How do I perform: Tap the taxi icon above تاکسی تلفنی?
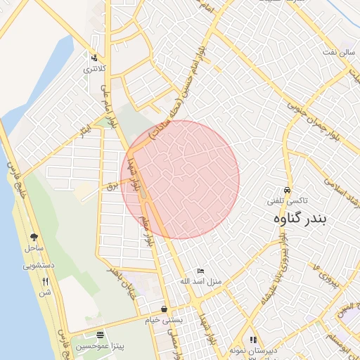click(x=287, y=191)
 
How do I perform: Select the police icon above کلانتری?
click(x=94, y=58)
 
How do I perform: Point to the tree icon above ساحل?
click(x=34, y=238)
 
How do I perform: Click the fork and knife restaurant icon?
click(x=46, y=281)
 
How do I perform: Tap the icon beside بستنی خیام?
click(x=164, y=309)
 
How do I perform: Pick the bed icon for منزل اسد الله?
click(x=201, y=271)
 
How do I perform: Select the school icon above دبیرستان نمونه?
click(x=253, y=340)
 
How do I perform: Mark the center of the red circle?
click(x=180, y=179)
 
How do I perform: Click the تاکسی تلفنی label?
click(x=285, y=200)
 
